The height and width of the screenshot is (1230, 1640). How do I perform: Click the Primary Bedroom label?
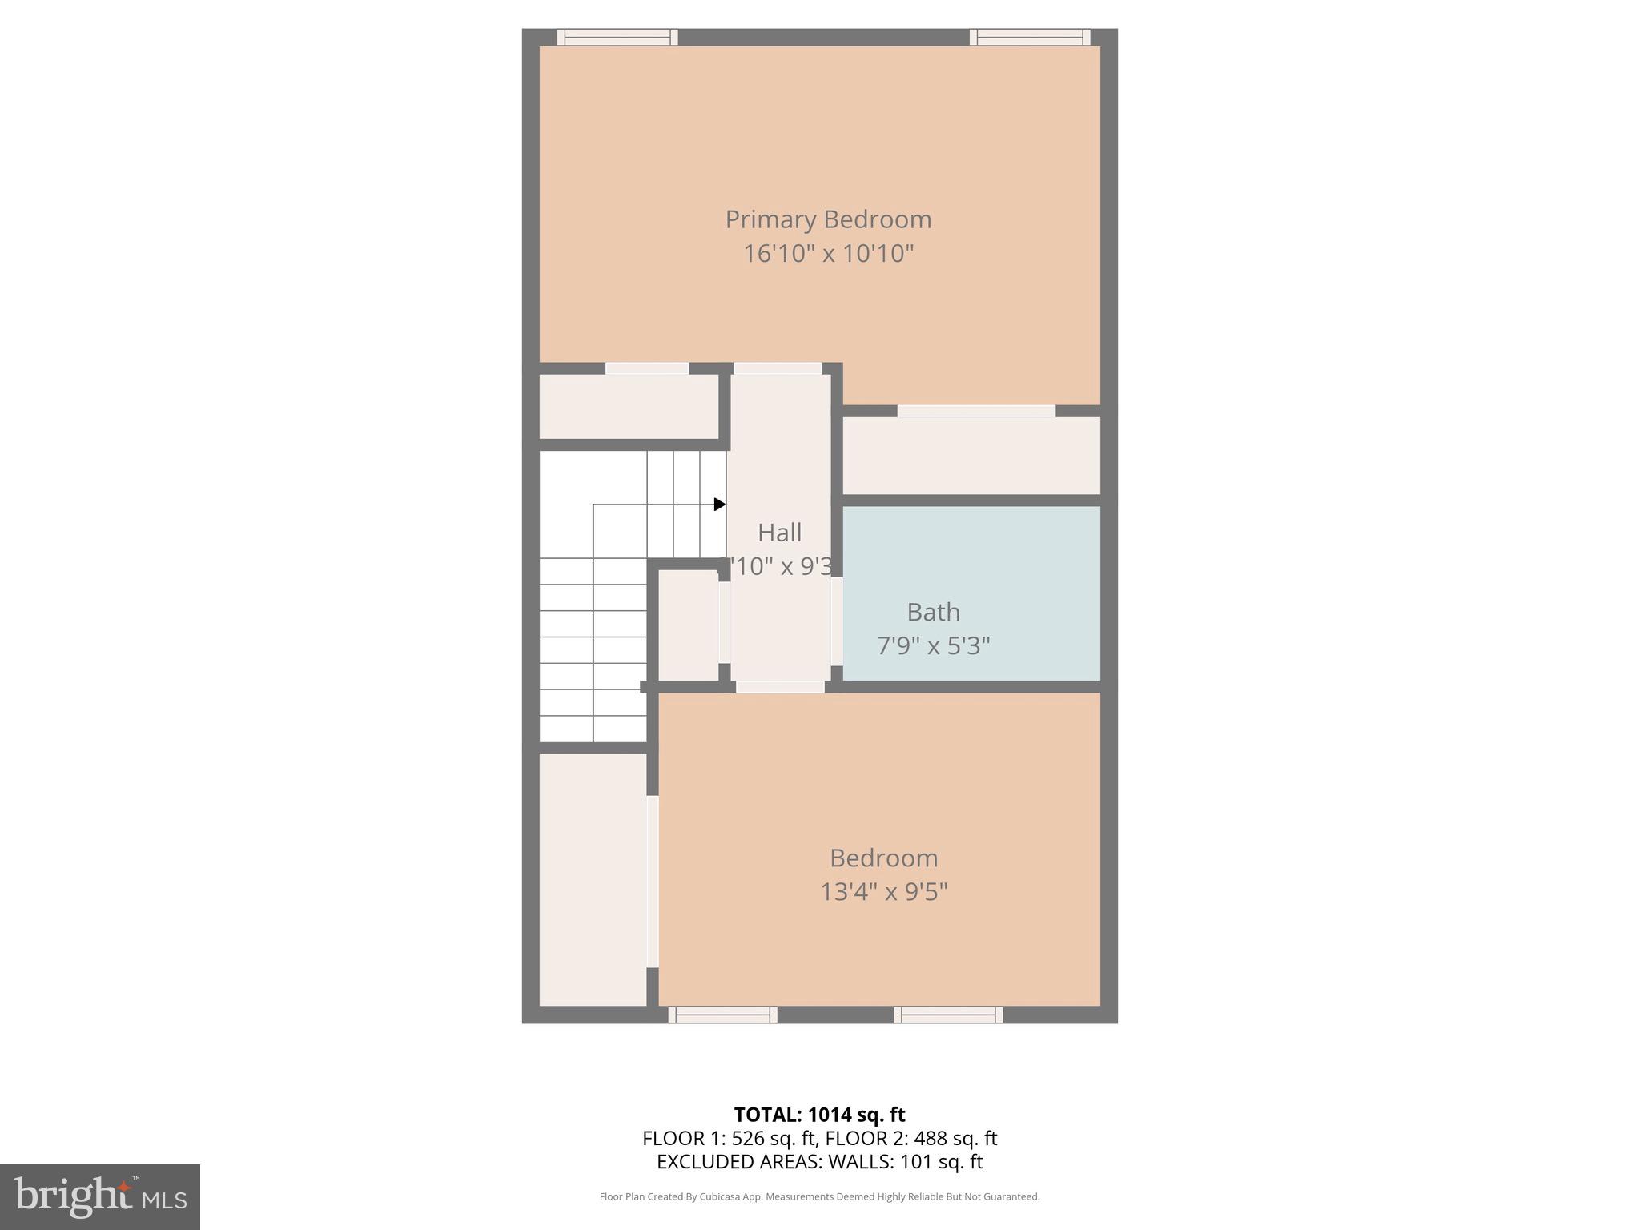click(828, 219)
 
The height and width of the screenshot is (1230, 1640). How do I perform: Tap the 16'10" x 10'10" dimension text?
click(828, 254)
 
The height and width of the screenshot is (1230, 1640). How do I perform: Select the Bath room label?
click(933, 613)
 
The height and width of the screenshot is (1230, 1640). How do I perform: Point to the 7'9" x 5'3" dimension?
click(933, 646)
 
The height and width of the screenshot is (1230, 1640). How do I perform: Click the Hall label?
click(779, 533)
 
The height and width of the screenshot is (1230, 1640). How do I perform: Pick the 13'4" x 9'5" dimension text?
click(883, 892)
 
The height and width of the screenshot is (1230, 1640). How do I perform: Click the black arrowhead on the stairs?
click(720, 504)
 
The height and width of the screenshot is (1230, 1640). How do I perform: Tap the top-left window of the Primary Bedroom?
click(617, 37)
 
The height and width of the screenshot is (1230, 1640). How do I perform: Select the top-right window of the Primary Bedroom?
click(1030, 37)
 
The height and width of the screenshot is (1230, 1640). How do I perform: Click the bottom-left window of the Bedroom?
click(722, 1015)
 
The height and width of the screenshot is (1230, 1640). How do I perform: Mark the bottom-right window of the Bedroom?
click(948, 1015)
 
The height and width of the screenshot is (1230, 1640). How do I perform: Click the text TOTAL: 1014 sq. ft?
click(819, 1115)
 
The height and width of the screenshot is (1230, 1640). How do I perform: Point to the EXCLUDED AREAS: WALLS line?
click(819, 1162)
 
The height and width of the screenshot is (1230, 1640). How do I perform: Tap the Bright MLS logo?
click(100, 1196)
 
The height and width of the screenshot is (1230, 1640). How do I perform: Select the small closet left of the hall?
click(688, 625)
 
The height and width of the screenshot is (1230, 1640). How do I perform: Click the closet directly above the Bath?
click(971, 455)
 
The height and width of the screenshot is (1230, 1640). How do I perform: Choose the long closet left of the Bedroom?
click(593, 878)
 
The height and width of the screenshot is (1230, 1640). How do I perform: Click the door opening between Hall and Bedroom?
click(780, 687)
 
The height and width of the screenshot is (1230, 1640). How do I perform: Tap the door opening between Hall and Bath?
click(837, 621)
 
